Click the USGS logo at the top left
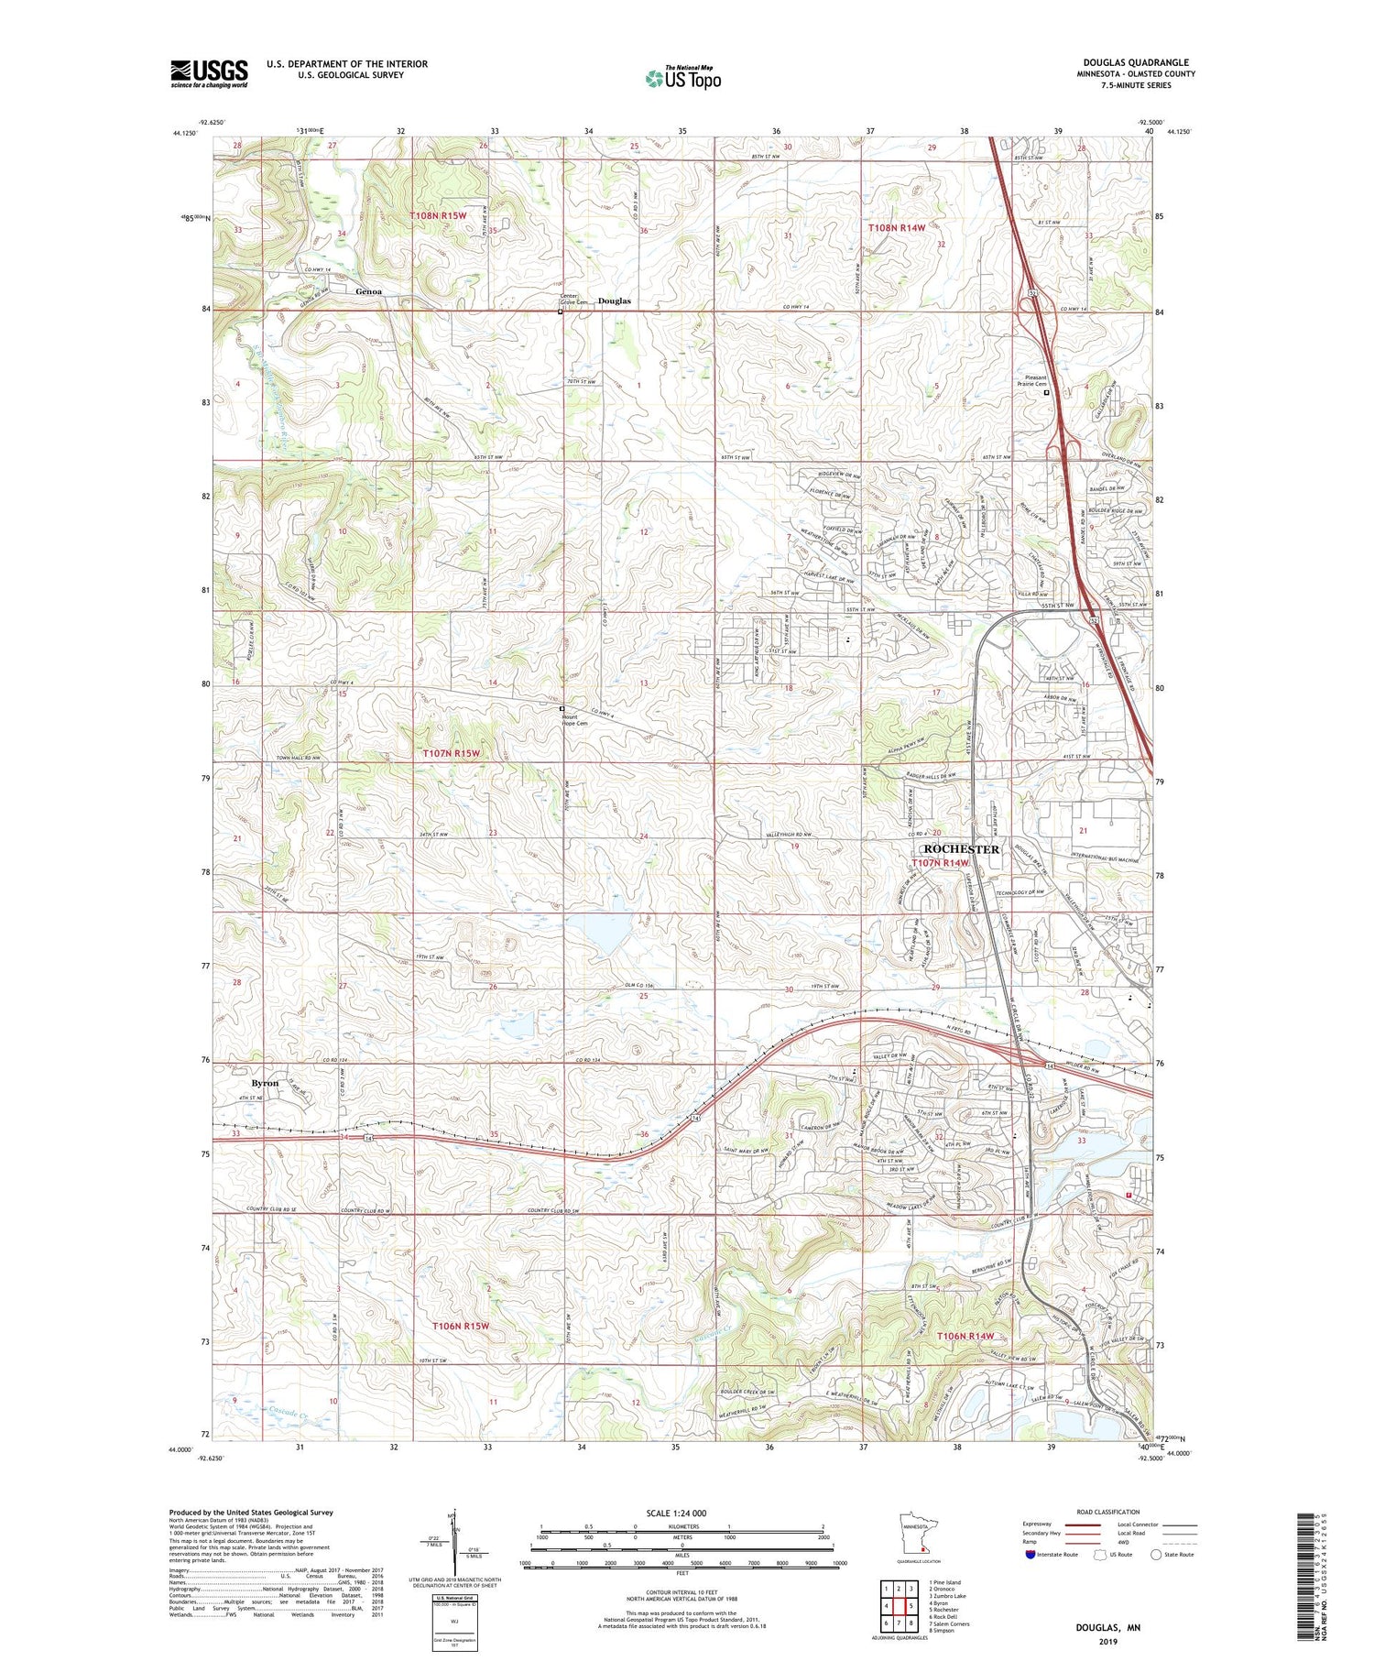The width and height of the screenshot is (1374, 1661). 209,73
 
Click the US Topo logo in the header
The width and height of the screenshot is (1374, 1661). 682,78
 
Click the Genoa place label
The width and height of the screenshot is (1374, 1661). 368,291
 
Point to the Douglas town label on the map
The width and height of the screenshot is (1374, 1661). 615,301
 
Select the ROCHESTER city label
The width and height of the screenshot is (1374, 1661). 955,849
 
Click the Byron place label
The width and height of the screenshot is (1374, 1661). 265,1083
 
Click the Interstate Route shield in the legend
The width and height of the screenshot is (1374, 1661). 1030,1555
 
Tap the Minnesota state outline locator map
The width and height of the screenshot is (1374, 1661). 919,1536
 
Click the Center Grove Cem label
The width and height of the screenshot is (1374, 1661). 574,299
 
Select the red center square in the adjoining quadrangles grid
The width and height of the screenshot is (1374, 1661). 911,1606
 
